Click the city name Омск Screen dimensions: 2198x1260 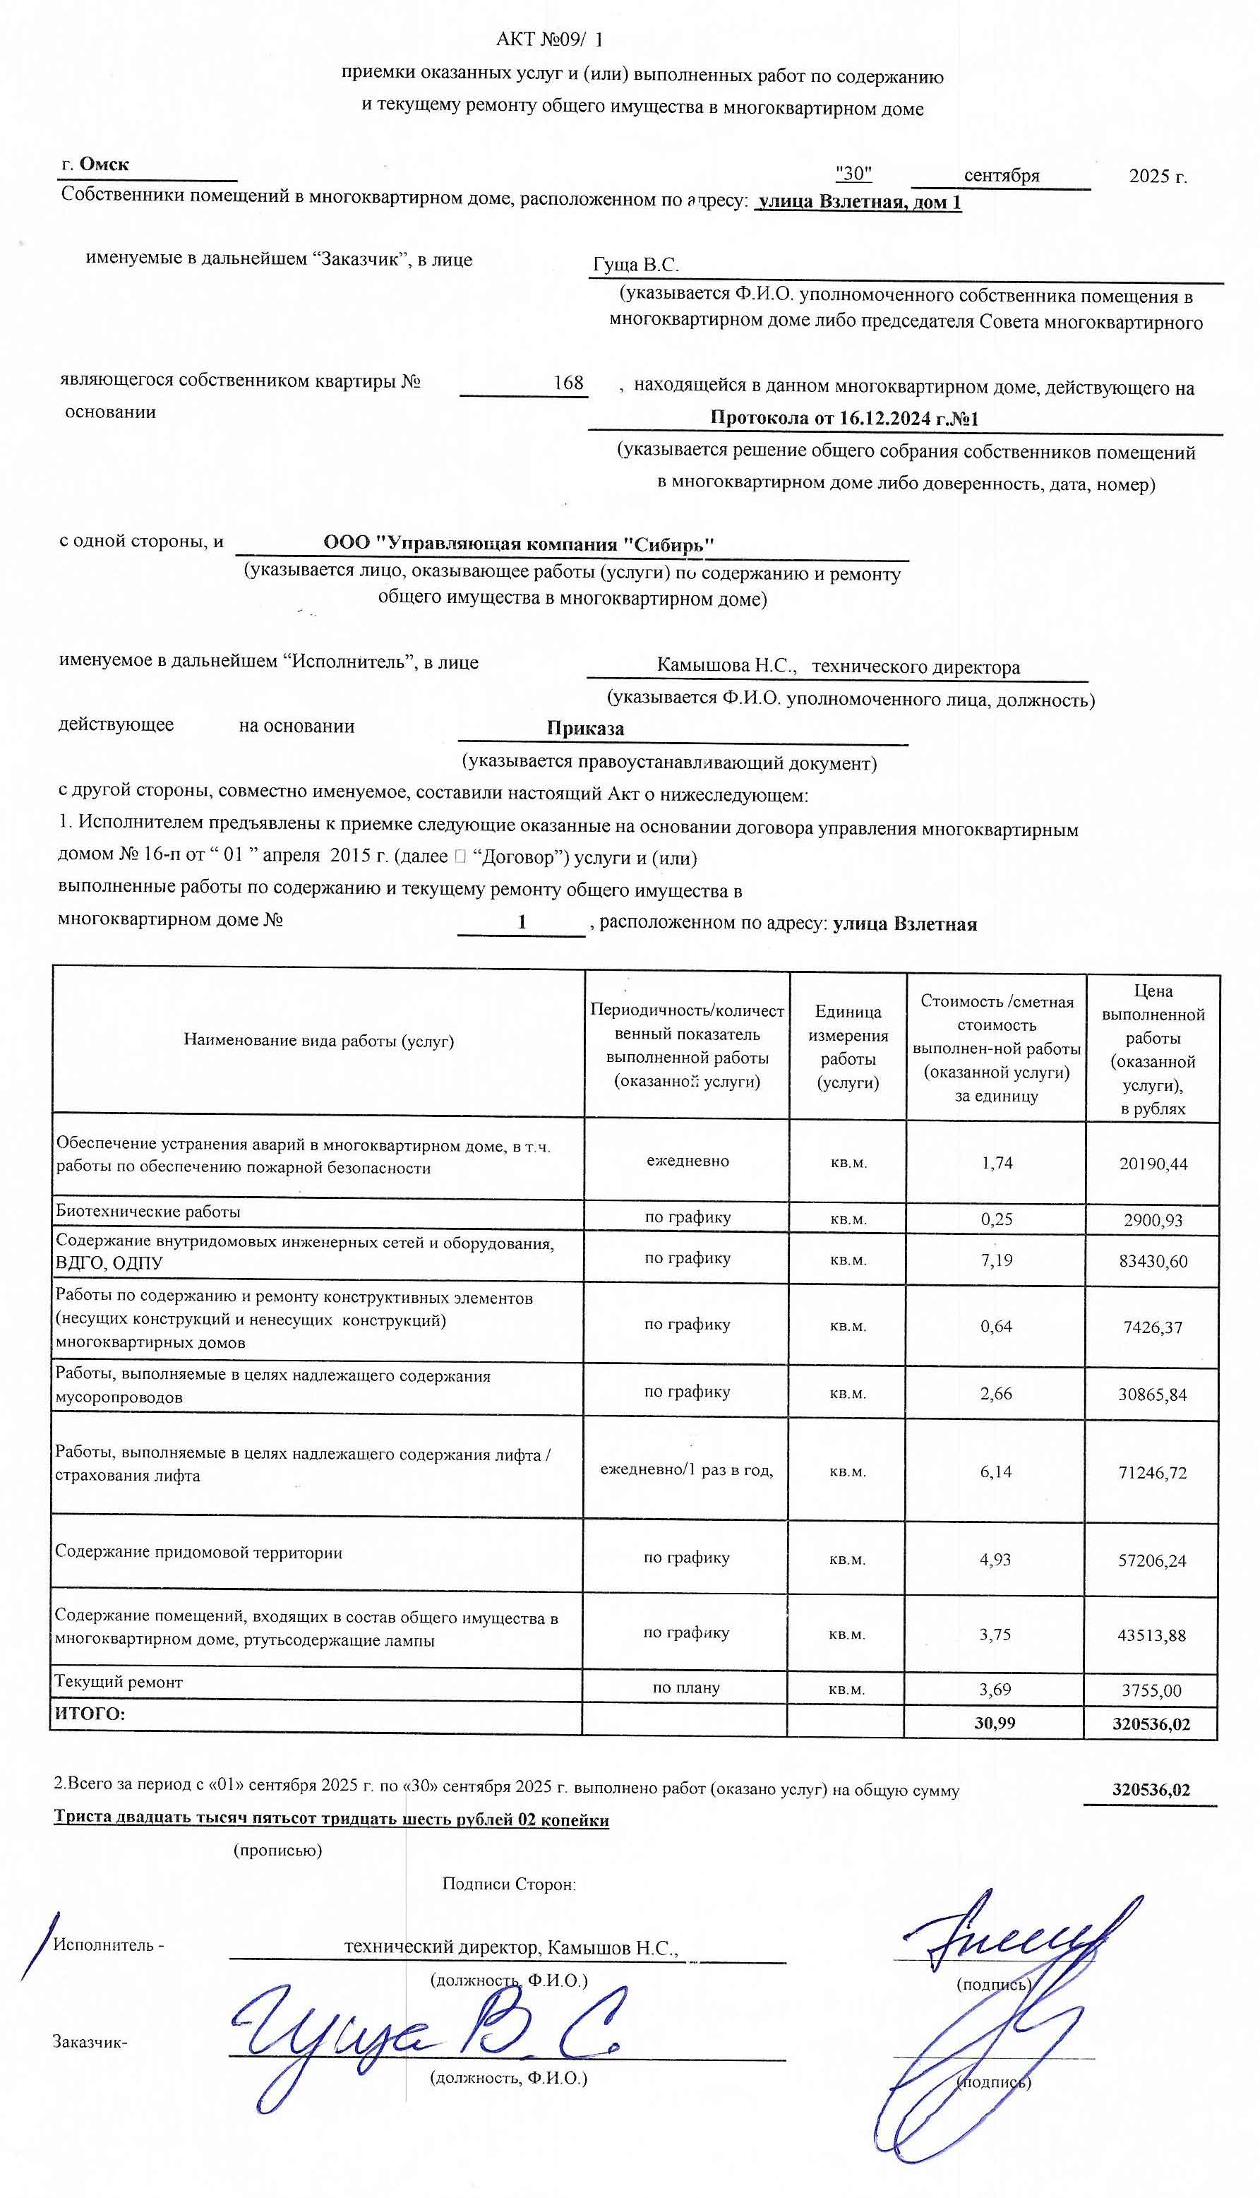pos(104,165)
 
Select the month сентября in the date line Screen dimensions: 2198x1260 pos(1001,176)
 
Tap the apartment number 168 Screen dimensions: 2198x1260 pos(568,383)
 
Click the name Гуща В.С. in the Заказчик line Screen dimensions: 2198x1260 pos(635,265)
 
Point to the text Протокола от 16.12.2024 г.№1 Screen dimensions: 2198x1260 pos(844,418)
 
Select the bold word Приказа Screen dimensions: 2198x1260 pos(585,728)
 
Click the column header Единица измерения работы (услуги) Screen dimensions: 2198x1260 pos(847,1046)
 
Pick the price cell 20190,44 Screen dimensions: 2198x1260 pos(1153,1164)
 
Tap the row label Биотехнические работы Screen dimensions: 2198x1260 pos(148,1212)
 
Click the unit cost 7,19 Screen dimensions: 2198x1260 pos(996,1260)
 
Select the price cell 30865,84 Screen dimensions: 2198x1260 pos(1152,1394)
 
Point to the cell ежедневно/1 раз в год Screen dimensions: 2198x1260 pos(686,1469)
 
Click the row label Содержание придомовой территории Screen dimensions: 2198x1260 pos(198,1553)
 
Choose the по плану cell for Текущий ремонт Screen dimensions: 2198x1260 pos(685,1688)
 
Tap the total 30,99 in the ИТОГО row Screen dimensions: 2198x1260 pos(995,1722)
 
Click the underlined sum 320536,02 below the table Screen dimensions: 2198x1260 pos(1150,1790)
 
